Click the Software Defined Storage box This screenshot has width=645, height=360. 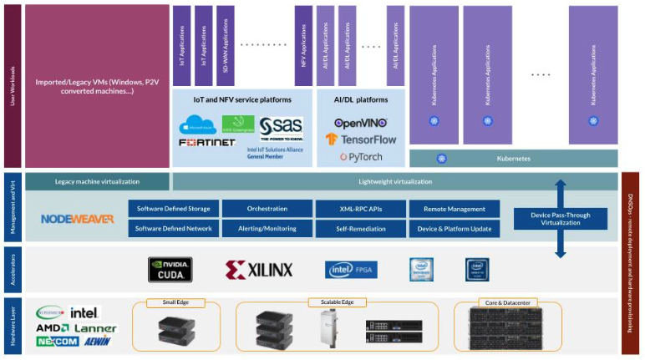point(174,208)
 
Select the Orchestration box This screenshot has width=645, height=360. point(267,208)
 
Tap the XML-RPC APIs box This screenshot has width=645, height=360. point(360,208)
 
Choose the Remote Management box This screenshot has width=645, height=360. point(454,208)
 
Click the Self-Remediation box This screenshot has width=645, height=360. point(360,228)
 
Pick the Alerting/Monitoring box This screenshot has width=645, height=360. point(267,228)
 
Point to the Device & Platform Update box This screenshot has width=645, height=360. point(454,228)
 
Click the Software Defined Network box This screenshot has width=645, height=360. point(174,228)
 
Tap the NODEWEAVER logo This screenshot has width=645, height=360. point(78,219)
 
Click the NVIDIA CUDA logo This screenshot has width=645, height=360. point(170,269)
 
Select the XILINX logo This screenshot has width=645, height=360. point(259,269)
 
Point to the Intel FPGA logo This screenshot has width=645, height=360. point(346,269)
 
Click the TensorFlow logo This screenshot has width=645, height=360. point(361,139)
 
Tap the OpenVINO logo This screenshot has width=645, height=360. point(361,123)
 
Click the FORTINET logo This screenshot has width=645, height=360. point(206,143)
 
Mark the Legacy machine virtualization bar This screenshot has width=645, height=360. point(98,181)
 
